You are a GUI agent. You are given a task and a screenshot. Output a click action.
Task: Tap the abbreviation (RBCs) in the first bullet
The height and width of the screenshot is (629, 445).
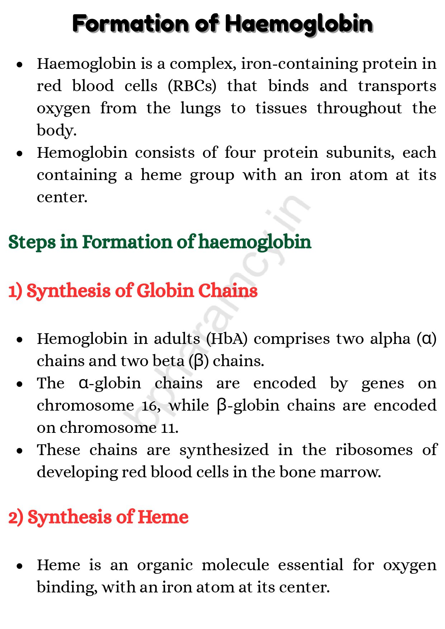click(192, 86)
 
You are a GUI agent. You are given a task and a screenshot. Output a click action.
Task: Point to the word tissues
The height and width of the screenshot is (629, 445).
click(281, 108)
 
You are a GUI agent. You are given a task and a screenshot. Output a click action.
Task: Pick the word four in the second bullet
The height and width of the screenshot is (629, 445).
click(240, 153)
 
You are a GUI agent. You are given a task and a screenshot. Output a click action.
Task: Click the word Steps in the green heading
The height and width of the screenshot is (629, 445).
click(32, 242)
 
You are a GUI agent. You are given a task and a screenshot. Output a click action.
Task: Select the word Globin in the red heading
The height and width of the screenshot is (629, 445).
click(165, 290)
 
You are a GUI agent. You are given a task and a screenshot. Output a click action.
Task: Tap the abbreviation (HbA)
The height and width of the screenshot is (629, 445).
click(227, 339)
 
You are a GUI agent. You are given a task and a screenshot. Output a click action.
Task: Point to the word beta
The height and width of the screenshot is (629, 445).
click(168, 361)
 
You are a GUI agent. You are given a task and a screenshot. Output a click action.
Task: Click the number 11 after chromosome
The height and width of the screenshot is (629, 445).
click(169, 428)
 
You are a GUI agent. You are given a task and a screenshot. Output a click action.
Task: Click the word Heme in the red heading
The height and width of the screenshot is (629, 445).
click(163, 517)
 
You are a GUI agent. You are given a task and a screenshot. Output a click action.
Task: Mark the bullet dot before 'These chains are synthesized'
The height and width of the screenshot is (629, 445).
click(20, 451)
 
